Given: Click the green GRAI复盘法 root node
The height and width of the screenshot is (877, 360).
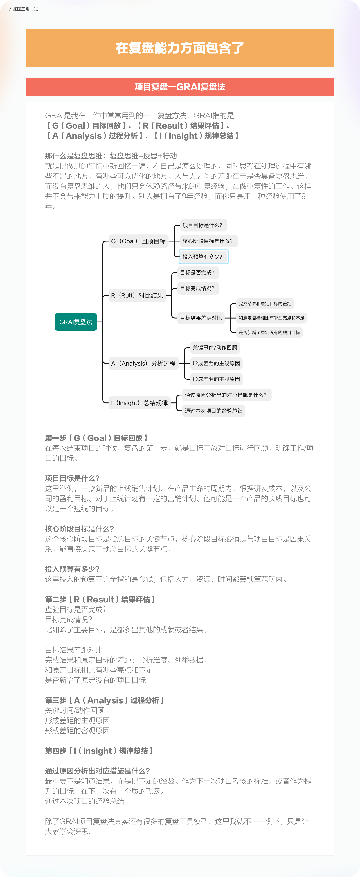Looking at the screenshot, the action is coord(76,322).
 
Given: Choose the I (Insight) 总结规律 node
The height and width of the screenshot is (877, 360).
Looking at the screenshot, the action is coord(139,403).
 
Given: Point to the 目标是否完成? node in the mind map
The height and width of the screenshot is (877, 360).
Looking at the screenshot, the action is coord(197,272).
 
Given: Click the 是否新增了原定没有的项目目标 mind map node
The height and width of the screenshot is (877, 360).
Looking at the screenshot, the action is coord(269,332).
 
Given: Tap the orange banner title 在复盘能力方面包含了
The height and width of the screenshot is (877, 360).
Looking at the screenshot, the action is coord(180,48).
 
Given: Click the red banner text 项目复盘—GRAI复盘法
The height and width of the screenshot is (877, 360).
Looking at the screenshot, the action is coord(180,87).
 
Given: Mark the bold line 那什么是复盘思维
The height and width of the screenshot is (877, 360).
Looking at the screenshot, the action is coord(111,156).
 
